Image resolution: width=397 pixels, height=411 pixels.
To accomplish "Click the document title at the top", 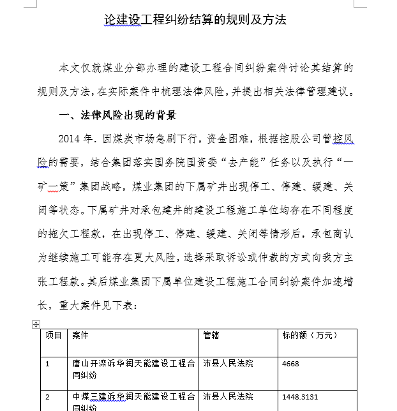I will click(x=195, y=20).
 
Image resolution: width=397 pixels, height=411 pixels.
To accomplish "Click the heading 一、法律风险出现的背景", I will click(x=117, y=116).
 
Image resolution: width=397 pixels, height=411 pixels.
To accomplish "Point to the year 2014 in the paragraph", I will click(x=70, y=139).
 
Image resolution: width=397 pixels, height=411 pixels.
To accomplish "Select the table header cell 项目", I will click(x=53, y=335).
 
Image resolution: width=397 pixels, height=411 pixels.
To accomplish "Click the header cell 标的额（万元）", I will click(x=310, y=335).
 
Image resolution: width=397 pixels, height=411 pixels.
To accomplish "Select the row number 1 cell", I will click(x=47, y=364).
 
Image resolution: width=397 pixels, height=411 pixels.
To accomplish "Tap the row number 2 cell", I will click(x=47, y=397).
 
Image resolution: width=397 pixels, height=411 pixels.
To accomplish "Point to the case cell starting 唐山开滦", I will click(x=133, y=370).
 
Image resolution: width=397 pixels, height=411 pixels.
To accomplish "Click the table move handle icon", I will click(x=36, y=325).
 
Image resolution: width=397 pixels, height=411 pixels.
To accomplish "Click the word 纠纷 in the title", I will click(x=181, y=20).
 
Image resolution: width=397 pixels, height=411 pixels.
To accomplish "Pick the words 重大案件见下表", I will click(x=98, y=305).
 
